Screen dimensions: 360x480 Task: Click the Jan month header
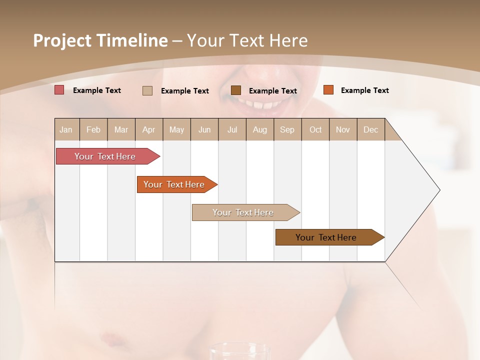click(x=66, y=129)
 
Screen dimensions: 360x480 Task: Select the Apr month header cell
click(x=149, y=129)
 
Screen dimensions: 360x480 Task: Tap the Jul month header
click(x=232, y=129)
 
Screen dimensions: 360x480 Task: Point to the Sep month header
click(x=287, y=129)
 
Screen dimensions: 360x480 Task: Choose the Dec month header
click(x=370, y=129)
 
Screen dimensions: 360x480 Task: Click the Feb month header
click(x=93, y=129)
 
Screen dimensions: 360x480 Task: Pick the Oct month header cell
click(x=315, y=129)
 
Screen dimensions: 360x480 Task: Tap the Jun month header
click(x=204, y=129)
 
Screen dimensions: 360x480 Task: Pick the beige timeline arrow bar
click(x=243, y=212)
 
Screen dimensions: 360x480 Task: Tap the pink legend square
click(x=59, y=90)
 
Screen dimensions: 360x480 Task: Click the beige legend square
click(x=147, y=90)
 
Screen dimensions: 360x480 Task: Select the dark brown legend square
click(x=236, y=90)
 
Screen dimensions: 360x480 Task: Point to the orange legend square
click(x=328, y=90)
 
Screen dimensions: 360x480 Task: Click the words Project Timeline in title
click(x=100, y=40)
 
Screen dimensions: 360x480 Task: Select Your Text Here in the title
click(x=247, y=40)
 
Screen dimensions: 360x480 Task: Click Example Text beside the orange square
click(x=364, y=90)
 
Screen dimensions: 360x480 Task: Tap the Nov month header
click(x=343, y=129)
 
